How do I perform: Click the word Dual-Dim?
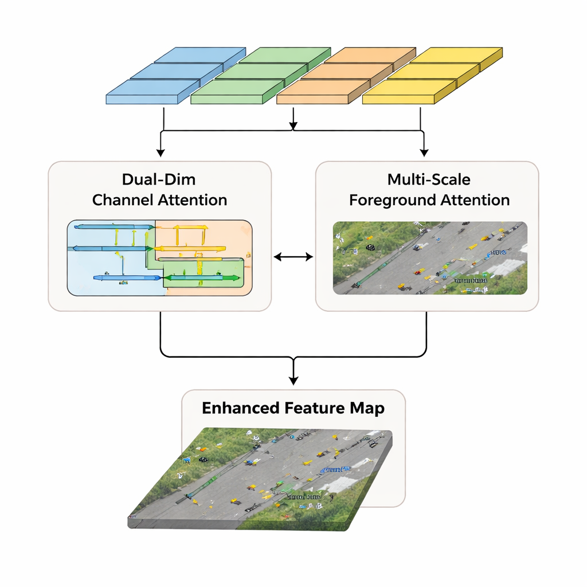tap(159, 179)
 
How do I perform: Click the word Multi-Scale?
tap(429, 179)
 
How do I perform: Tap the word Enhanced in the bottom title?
tap(241, 408)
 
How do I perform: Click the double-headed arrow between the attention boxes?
tap(293, 257)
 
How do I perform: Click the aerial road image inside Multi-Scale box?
tap(430, 258)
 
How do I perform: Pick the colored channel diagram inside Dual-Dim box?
tap(159, 258)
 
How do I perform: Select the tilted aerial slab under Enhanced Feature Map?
tap(261, 482)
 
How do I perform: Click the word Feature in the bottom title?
tap(312, 408)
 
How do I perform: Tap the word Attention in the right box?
tap(476, 200)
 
